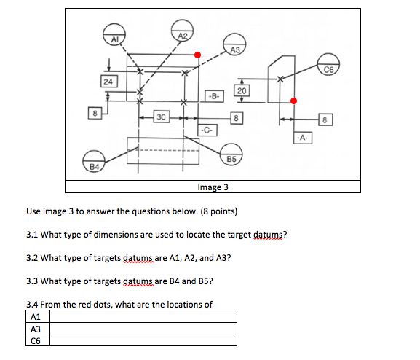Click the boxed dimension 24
[x=108, y=82]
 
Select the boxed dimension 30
[x=162, y=117]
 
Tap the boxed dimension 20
[x=242, y=90]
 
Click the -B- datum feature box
[x=214, y=96]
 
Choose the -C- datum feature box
[x=207, y=130]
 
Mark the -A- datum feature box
[x=303, y=138]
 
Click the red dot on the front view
[x=198, y=55]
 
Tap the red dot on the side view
[x=294, y=101]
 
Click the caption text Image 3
[x=213, y=187]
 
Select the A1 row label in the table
[x=36, y=317]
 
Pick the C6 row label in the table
[x=36, y=340]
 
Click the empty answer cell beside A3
[x=143, y=329]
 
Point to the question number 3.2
[x=32, y=258]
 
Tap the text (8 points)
[x=219, y=211]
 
